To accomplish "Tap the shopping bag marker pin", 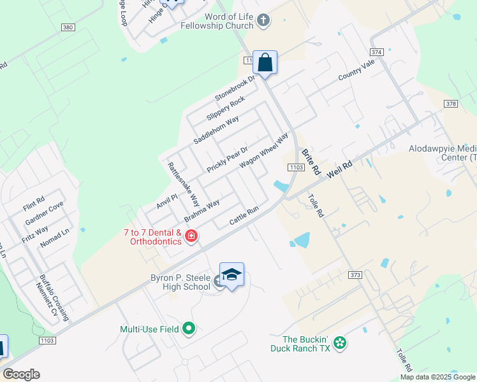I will [265, 63].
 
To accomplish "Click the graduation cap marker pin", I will [231, 274].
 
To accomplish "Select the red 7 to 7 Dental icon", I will [191, 237].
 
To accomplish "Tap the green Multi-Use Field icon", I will [188, 329].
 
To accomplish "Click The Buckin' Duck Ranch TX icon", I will [340, 343].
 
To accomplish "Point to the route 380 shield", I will [68, 27].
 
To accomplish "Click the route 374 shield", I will [376, 52].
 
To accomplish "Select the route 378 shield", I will [451, 104].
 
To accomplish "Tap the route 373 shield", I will [356, 275].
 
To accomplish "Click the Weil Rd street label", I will [339, 169].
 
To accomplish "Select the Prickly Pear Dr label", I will [226, 159].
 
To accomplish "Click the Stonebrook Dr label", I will [235, 88].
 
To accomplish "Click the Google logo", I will [21, 374].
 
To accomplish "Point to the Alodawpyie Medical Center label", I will [443, 153].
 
